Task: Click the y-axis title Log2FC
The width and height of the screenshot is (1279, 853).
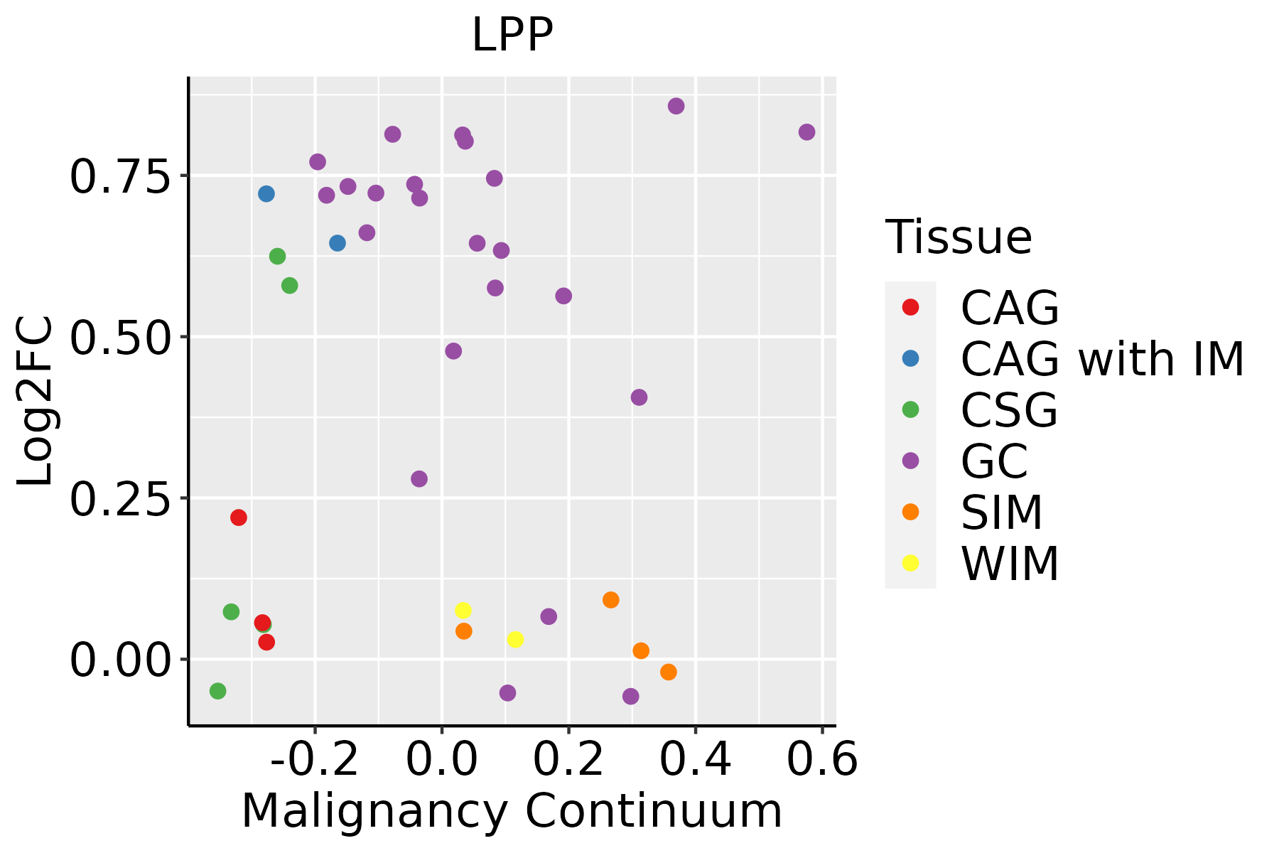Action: coord(36,401)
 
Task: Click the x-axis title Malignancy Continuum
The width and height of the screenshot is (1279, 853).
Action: coord(512,811)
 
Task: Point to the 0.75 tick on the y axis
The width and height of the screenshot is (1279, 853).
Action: coord(121,176)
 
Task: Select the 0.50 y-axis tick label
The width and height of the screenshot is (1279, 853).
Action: coord(121,338)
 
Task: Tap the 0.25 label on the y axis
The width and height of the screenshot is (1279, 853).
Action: coord(121,499)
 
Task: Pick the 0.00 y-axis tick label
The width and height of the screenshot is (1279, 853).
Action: coord(121,660)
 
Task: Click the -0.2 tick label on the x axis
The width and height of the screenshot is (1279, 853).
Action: coord(315,760)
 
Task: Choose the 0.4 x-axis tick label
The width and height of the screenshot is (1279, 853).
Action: coord(695,760)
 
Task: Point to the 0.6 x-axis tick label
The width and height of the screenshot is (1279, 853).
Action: coord(822,760)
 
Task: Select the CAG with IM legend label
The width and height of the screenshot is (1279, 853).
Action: coord(1102,359)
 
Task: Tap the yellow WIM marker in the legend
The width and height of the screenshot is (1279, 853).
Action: coord(910,563)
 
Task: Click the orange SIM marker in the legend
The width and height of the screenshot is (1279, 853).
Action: coord(910,512)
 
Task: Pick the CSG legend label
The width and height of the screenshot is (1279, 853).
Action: coord(1009,410)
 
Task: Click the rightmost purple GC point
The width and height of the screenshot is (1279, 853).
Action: coord(806,132)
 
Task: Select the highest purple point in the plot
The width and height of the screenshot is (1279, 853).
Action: coord(676,106)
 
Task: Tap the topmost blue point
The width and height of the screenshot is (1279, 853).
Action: coord(266,194)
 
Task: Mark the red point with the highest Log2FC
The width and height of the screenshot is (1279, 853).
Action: coord(239,517)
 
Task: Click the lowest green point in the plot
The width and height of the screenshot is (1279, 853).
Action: coord(218,691)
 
